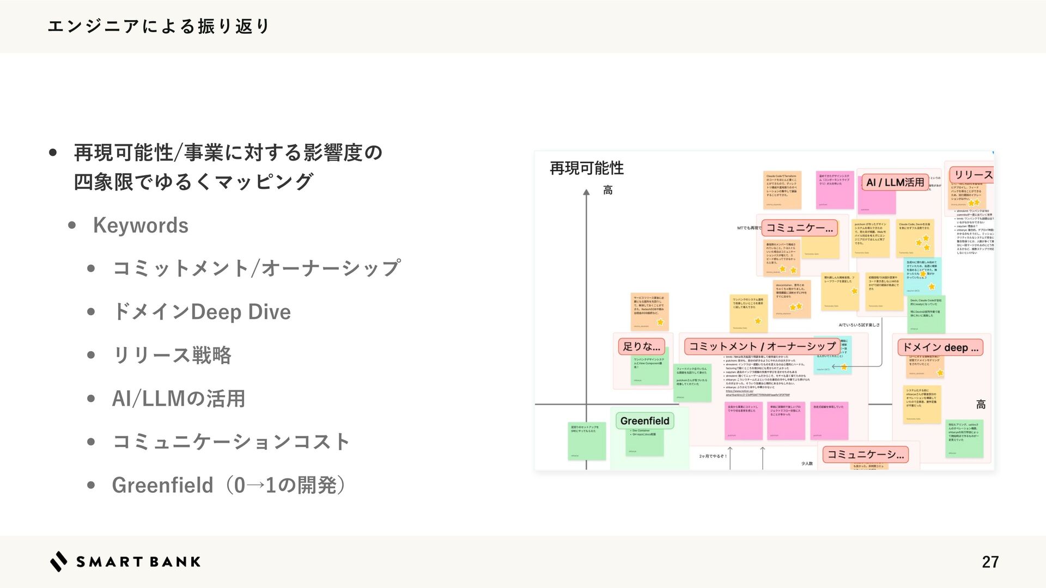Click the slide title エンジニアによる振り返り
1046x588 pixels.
[x=158, y=26]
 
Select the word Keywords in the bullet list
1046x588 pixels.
[x=141, y=225]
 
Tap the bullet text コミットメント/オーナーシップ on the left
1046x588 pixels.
[x=256, y=268]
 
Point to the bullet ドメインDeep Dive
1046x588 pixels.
[x=201, y=312]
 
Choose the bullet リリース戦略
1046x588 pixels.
[x=172, y=356]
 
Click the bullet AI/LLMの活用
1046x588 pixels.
[x=178, y=399]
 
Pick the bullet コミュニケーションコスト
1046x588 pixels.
[x=230, y=442]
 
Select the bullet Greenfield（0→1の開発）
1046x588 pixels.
[x=228, y=485]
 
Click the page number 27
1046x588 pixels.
[x=990, y=562]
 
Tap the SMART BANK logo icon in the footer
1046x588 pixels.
[x=59, y=561]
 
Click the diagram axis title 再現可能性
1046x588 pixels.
[x=587, y=168]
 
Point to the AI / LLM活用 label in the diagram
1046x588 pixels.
[x=895, y=182]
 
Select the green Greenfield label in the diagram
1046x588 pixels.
[x=644, y=421]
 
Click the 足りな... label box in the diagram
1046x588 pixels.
[x=641, y=346]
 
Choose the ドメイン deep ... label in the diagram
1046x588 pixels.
[x=940, y=347]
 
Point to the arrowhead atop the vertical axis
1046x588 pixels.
[x=586, y=192]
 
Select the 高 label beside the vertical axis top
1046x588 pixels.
[x=608, y=190]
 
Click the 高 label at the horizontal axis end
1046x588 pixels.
[x=981, y=405]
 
